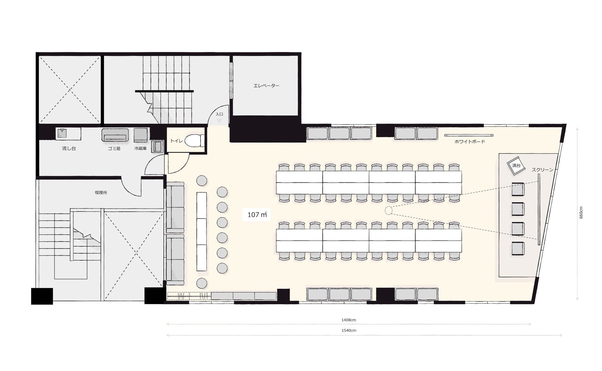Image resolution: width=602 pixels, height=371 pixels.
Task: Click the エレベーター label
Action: point(266,86)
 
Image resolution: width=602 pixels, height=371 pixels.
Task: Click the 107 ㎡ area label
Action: point(257,215)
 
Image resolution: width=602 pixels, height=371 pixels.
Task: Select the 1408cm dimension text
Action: point(348,320)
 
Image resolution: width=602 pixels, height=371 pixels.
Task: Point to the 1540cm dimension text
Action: point(349,330)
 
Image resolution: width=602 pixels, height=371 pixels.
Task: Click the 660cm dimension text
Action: point(581,212)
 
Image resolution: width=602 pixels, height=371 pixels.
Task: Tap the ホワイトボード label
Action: point(469,142)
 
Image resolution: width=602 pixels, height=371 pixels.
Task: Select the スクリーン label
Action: point(542,170)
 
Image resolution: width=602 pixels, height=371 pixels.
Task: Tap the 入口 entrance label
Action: point(219,114)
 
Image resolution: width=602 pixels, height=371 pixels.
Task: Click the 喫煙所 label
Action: point(101,193)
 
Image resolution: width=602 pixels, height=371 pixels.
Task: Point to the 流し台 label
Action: point(69,148)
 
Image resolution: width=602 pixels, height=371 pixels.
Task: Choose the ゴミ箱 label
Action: point(114,148)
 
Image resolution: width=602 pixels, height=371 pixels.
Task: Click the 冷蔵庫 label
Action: point(140,148)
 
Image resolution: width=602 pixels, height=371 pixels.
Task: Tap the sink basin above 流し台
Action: point(62,133)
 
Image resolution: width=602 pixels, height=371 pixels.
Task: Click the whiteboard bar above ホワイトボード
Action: point(469,135)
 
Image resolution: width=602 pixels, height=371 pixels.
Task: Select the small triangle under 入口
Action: point(219,121)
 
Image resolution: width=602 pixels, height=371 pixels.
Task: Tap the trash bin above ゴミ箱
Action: point(115,135)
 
